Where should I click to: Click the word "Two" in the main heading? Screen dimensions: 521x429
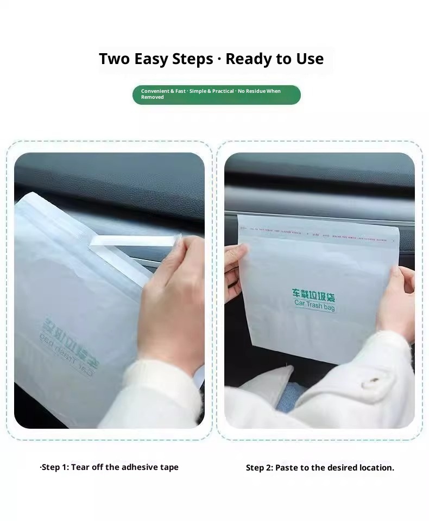point(115,59)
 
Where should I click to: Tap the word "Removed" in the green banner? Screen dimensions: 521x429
point(152,97)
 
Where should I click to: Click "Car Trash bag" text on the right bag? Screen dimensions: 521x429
point(315,306)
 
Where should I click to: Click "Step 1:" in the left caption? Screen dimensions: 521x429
point(54,467)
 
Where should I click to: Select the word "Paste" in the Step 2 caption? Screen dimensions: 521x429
point(288,468)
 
